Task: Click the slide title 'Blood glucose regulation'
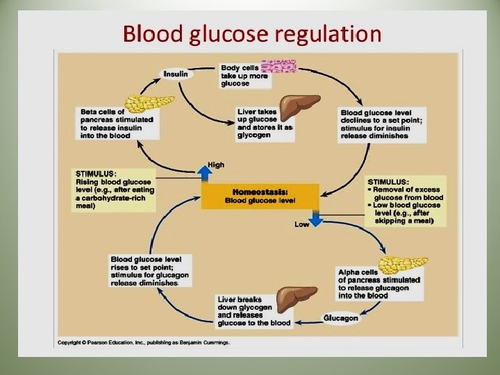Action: pyautogui.click(x=251, y=33)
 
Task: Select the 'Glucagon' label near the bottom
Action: pyautogui.click(x=340, y=318)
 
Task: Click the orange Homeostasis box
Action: pyautogui.click(x=260, y=197)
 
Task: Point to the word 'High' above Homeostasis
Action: pyautogui.click(x=216, y=165)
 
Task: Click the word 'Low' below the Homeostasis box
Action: pyautogui.click(x=301, y=224)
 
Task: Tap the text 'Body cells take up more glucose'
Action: pyautogui.click(x=244, y=75)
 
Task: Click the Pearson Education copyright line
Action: pyautogui.click(x=144, y=343)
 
